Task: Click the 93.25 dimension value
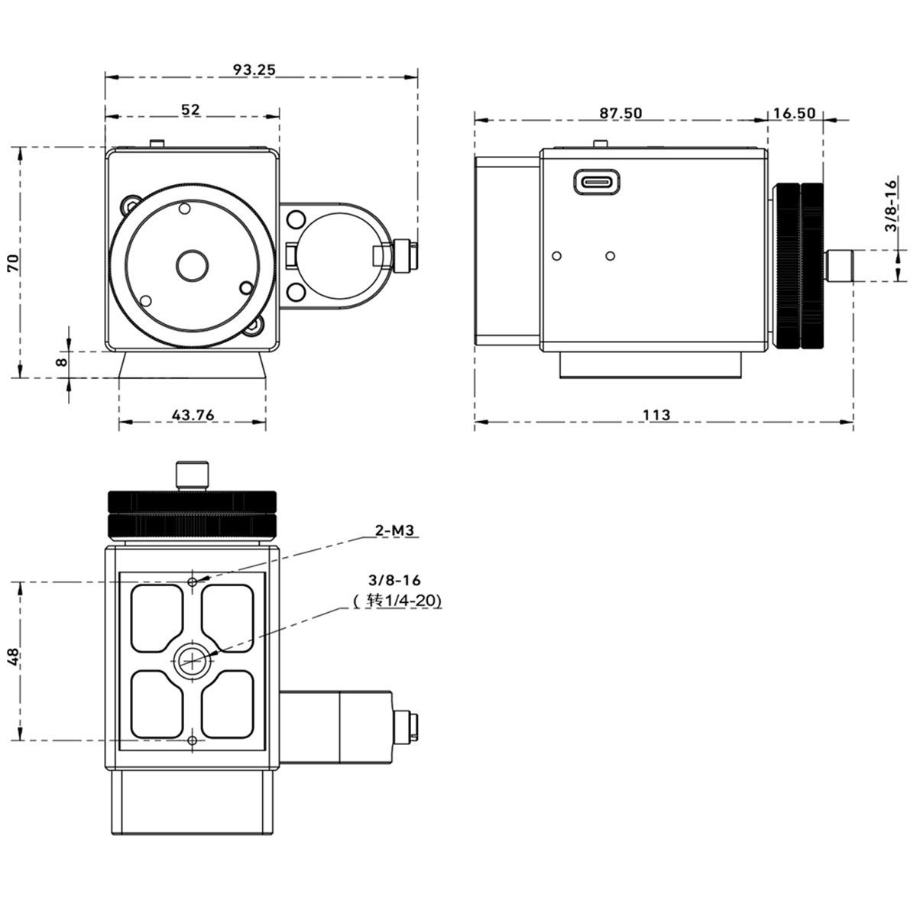254,70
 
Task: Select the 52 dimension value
191,109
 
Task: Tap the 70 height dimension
13,263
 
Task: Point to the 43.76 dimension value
193,415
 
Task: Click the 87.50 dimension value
621,113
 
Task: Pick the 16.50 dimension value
794,113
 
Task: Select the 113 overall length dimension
656,415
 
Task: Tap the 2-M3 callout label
394,530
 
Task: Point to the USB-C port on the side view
597,182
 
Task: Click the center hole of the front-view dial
193,266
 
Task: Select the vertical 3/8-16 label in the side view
890,205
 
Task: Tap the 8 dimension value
62,362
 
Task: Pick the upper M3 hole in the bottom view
193,582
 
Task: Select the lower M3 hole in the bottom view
193,740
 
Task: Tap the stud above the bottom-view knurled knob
193,475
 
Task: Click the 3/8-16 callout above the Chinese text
394,580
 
